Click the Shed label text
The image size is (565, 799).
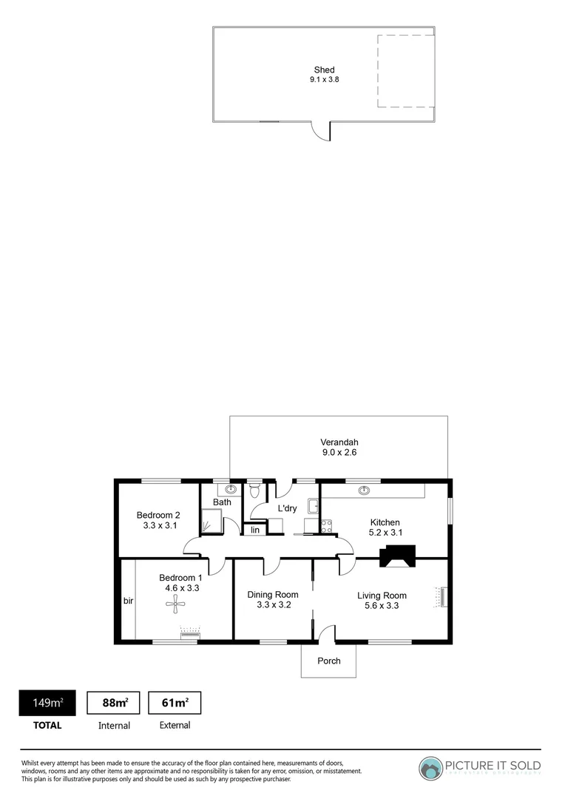pyautogui.click(x=324, y=70)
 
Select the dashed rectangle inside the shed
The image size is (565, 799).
pyautogui.click(x=405, y=72)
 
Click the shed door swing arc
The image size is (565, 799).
pyautogui.click(x=320, y=132)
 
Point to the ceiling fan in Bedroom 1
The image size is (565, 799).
pyautogui.click(x=175, y=607)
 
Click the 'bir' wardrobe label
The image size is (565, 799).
pyautogui.click(x=128, y=601)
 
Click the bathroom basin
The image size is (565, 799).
pyautogui.click(x=231, y=489)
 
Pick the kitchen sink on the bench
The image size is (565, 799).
pyautogui.click(x=363, y=490)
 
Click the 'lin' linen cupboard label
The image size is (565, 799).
pyautogui.click(x=254, y=530)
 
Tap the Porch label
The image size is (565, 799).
pyautogui.click(x=329, y=661)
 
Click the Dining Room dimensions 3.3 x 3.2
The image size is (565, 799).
pyautogui.click(x=273, y=605)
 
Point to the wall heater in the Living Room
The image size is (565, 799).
pyautogui.click(x=443, y=597)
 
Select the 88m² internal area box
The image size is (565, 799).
pyautogui.click(x=114, y=703)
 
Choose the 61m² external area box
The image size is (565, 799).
pyautogui.click(x=175, y=703)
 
